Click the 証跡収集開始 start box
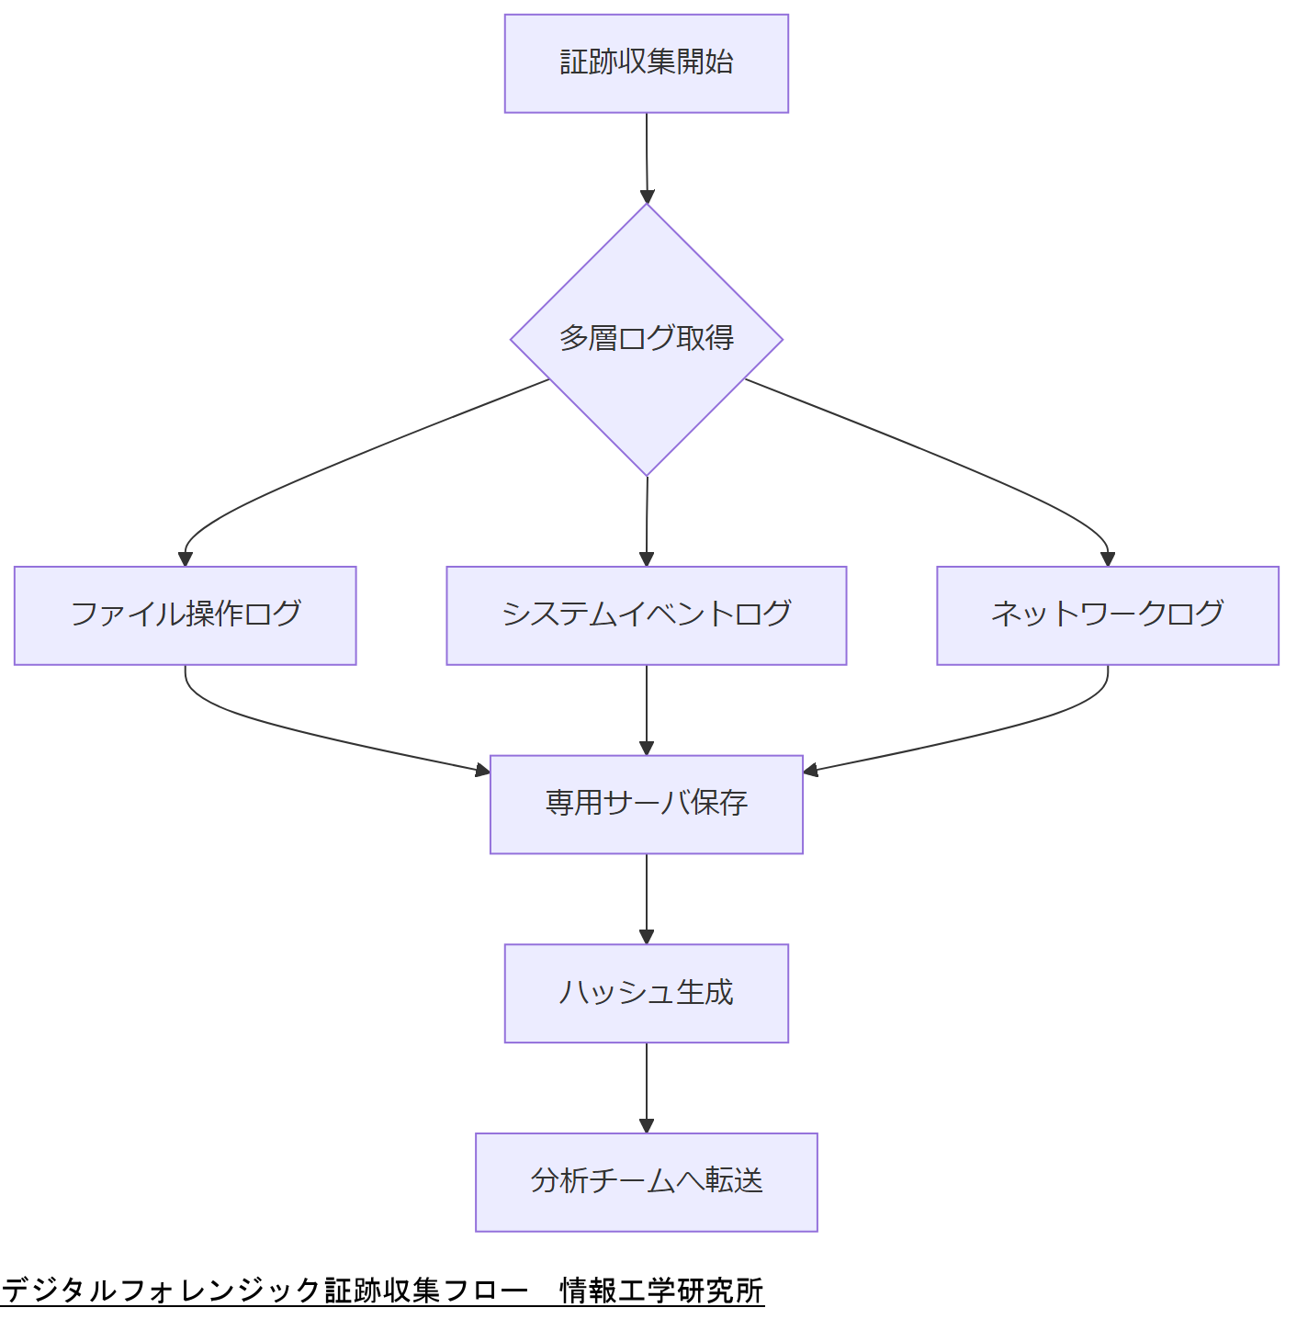click(646, 63)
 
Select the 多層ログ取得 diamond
click(646, 339)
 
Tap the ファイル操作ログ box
click(185, 614)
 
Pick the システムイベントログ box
click(646, 614)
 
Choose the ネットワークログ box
click(1107, 614)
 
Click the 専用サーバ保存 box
click(646, 804)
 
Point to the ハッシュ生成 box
click(646, 993)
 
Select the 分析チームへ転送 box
click(646, 1181)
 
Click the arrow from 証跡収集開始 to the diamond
click(647, 156)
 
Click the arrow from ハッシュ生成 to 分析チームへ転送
click(647, 1088)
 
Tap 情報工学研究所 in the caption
click(661, 1291)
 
